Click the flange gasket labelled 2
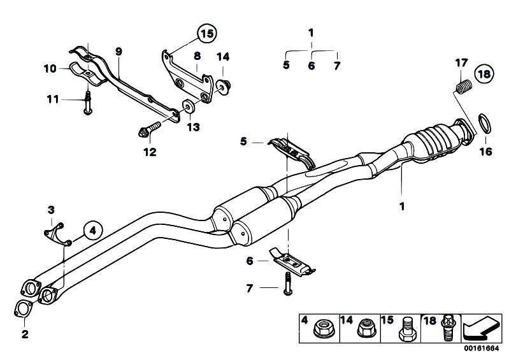pyautogui.click(x=22, y=310)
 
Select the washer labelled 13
pyautogui.click(x=189, y=106)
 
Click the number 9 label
pyautogui.click(x=118, y=51)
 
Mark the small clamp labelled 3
pyautogui.click(x=56, y=230)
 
